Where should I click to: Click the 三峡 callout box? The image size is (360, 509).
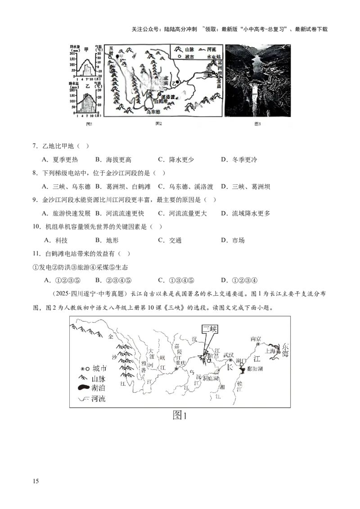[x=210, y=329]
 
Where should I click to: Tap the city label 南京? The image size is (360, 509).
[x=256, y=339]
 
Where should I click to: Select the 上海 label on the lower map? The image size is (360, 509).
[x=271, y=352]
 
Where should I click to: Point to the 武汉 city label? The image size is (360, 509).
[x=229, y=355]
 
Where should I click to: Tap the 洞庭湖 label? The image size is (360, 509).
[x=209, y=378]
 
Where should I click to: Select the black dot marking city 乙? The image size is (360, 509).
[x=178, y=82]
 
